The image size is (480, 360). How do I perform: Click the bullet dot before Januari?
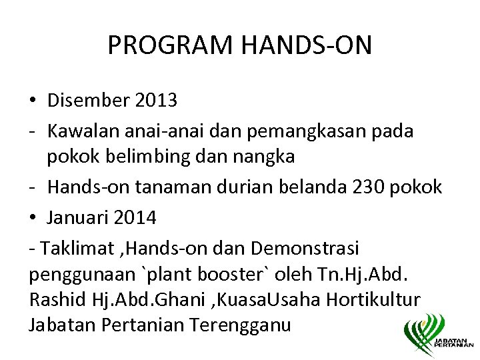[x=33, y=218]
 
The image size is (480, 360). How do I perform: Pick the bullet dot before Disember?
[x=33, y=101]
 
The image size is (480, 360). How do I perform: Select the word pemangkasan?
[x=291, y=131]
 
